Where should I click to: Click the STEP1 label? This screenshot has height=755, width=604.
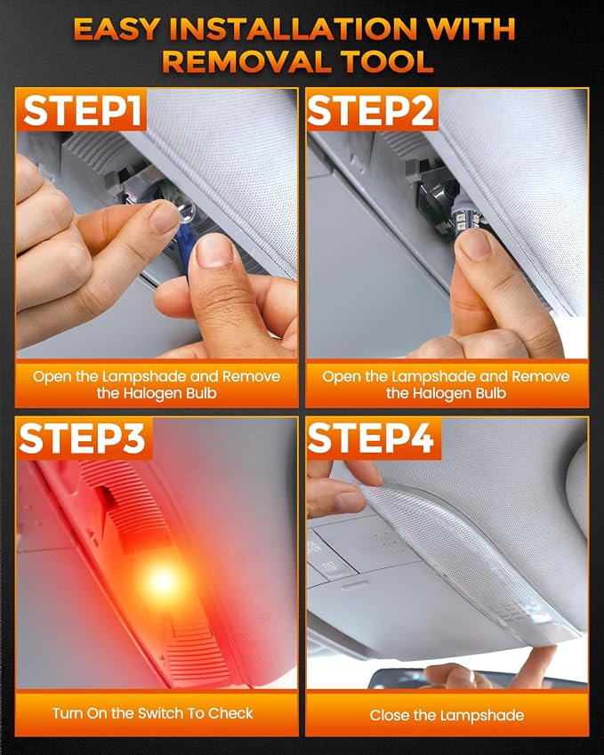click(x=83, y=111)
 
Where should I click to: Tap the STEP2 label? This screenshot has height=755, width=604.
click(x=370, y=111)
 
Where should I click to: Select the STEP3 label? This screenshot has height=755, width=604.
click(x=83, y=438)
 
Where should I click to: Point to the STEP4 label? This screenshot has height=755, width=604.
click(x=370, y=438)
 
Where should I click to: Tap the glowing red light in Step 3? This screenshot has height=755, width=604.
click(x=162, y=580)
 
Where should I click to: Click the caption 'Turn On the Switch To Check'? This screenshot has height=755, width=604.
click(x=153, y=713)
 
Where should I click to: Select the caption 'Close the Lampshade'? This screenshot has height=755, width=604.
click(x=447, y=715)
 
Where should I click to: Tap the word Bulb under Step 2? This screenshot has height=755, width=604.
click(x=491, y=393)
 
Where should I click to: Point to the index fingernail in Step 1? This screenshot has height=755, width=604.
click(x=165, y=218)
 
